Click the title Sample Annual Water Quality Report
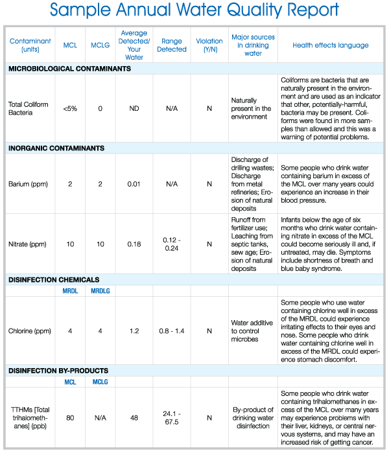click(194, 11)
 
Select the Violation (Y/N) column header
click(209, 45)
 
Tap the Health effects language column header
click(331, 45)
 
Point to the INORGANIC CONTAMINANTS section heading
click(56, 148)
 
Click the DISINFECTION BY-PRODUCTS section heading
click(58, 371)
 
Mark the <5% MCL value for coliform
click(70, 108)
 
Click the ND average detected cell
click(134, 108)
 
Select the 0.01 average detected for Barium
click(134, 184)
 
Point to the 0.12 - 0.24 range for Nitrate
click(172, 244)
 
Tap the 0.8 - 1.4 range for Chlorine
click(172, 331)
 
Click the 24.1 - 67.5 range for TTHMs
click(172, 419)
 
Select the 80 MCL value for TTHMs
click(70, 419)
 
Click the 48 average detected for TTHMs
click(134, 419)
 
